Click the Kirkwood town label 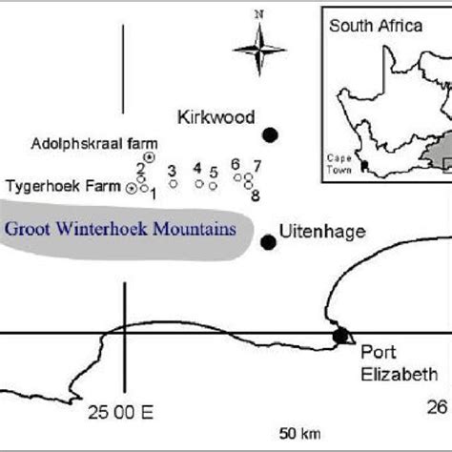[216, 117]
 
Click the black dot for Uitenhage [268, 242]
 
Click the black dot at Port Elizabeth [339, 335]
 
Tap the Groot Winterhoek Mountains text [119, 229]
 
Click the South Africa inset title [375, 26]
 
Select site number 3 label [172, 171]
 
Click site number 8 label [256, 195]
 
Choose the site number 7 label [257, 164]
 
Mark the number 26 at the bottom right [437, 408]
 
